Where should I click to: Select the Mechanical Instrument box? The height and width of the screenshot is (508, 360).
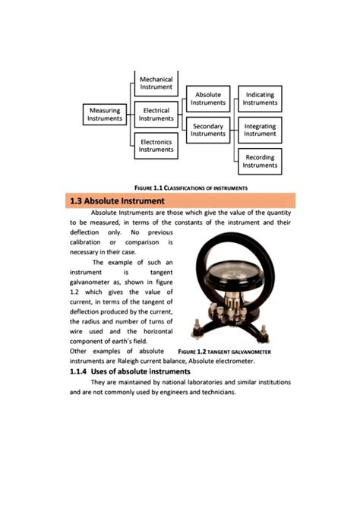pyautogui.click(x=156, y=83)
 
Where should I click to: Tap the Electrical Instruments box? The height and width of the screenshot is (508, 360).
pyautogui.click(x=156, y=115)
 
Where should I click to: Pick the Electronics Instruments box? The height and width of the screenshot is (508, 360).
pyautogui.click(x=156, y=146)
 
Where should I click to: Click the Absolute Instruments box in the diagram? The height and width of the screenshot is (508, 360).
pyautogui.click(x=208, y=99)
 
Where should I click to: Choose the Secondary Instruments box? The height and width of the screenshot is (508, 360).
pyautogui.click(x=208, y=130)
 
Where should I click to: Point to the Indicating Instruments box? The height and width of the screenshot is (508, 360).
pyautogui.click(x=260, y=99)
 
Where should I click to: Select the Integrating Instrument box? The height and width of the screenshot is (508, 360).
pyautogui.click(x=260, y=130)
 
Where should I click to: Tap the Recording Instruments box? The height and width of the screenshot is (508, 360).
pyautogui.click(x=260, y=162)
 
